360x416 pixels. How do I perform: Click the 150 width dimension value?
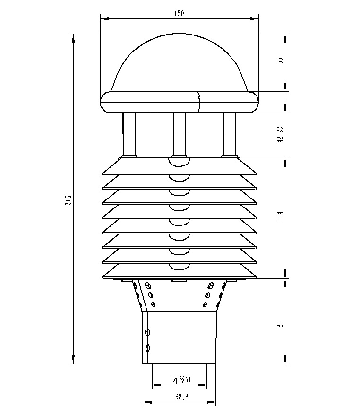[x=179, y=14]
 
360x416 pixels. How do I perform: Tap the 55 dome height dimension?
[x=280, y=61]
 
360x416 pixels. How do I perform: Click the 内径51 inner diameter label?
[x=180, y=380]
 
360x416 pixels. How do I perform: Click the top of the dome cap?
[x=180, y=35]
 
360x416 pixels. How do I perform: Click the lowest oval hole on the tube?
[x=148, y=348]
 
